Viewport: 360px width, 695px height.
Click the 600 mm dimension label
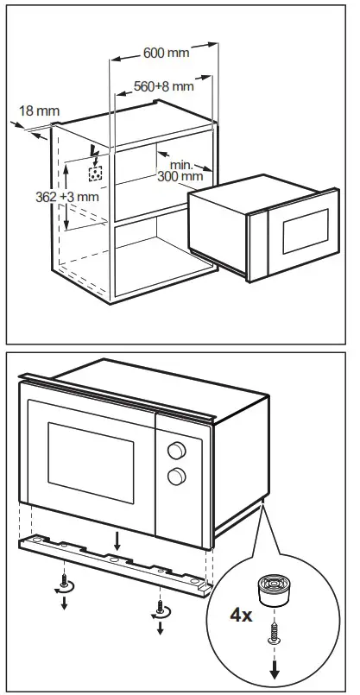tap(167, 53)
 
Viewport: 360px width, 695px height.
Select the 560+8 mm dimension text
tap(163, 86)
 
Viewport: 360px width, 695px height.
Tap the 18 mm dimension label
tap(40, 111)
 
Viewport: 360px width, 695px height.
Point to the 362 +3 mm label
tap(67, 197)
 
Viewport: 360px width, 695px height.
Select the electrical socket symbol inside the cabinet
tap(95, 174)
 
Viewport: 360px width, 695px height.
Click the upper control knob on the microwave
tap(176, 451)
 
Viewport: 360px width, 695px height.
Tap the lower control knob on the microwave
tap(176, 477)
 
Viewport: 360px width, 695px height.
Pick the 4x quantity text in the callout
tap(241, 615)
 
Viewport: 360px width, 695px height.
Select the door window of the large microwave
tap(91, 463)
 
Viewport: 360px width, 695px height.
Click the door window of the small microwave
tap(306, 231)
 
